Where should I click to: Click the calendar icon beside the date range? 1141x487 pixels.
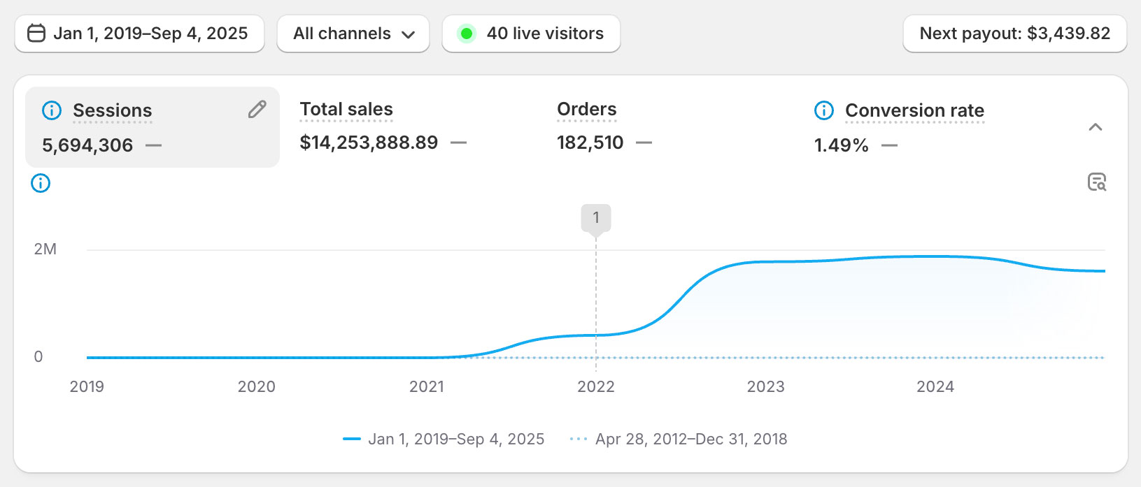pyautogui.click(x=36, y=34)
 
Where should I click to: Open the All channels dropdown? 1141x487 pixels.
pyautogui.click(x=353, y=34)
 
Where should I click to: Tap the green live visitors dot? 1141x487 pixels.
pyautogui.click(x=467, y=34)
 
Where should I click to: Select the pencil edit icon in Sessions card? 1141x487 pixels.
pyautogui.click(x=257, y=110)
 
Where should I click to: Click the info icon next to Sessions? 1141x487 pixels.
pyautogui.click(x=52, y=110)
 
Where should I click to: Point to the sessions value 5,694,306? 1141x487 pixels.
pyautogui.click(x=87, y=145)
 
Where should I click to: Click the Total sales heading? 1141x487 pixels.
pyautogui.click(x=346, y=110)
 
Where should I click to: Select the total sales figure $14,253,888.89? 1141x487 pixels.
pyautogui.click(x=369, y=143)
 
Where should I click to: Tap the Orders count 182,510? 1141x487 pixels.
pyautogui.click(x=590, y=143)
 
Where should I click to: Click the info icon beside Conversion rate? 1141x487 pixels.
pyautogui.click(x=824, y=110)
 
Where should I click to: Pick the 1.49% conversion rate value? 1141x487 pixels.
pyautogui.click(x=841, y=145)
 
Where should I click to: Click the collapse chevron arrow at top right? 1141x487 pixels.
pyautogui.click(x=1096, y=127)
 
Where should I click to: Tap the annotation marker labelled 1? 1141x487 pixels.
pyautogui.click(x=596, y=218)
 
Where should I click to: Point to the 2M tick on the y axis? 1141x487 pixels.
pyautogui.click(x=45, y=249)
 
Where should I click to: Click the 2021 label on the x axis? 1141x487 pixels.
pyautogui.click(x=427, y=387)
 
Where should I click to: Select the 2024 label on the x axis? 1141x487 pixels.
pyautogui.click(x=935, y=387)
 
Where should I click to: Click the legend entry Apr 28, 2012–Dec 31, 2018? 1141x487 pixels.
pyautogui.click(x=690, y=439)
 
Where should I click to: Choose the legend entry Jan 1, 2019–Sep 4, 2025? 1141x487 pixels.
pyautogui.click(x=455, y=439)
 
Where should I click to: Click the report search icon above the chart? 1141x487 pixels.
pyautogui.click(x=1097, y=182)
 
